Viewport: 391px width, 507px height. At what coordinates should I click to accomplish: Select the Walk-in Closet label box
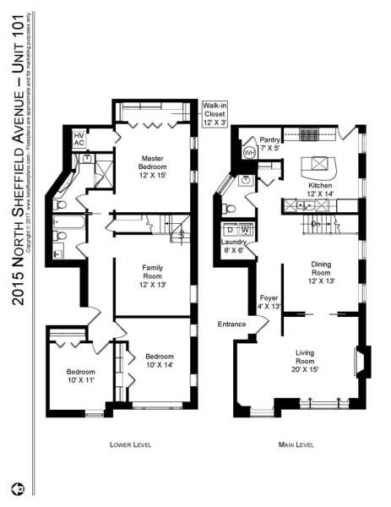tap(213, 114)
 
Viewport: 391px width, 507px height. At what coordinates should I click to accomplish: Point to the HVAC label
tap(79, 139)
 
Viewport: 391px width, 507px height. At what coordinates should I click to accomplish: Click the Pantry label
tap(270, 144)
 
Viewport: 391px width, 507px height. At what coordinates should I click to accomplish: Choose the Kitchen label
tap(319, 189)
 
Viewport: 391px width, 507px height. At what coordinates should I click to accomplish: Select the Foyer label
tap(269, 302)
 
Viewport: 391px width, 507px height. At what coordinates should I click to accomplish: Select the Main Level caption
tap(297, 444)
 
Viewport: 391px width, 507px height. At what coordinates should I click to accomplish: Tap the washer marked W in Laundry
tap(245, 230)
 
